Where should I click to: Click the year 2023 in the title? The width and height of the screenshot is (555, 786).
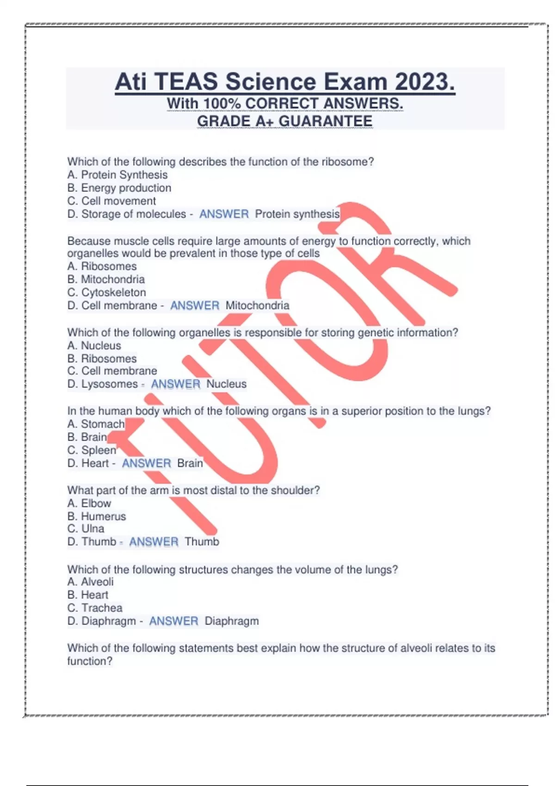point(424,82)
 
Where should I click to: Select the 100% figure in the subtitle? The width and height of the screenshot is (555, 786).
point(222,104)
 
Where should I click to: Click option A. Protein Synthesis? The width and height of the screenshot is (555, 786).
point(117,175)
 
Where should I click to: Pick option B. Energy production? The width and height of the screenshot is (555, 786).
point(119,188)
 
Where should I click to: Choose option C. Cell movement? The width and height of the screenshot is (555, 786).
point(111,201)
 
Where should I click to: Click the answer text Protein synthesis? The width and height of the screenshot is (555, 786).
point(297,214)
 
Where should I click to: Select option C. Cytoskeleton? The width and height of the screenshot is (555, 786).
point(106,292)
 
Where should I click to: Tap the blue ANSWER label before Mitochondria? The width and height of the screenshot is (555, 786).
point(195,306)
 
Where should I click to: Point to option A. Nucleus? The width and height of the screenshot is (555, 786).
point(94,345)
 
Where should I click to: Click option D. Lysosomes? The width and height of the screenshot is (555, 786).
point(103,384)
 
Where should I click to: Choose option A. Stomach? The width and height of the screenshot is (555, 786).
point(96,424)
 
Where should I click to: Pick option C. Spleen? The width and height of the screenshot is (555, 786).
point(92,450)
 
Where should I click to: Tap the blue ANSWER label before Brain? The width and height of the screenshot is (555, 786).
point(146,463)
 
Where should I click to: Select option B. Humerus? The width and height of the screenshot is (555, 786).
point(97,516)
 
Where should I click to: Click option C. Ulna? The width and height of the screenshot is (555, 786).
point(86,528)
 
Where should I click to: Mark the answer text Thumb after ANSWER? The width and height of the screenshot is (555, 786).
point(202,541)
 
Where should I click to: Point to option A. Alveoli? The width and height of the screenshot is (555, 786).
point(90,582)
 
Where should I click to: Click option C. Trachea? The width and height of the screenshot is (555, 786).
point(95,608)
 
